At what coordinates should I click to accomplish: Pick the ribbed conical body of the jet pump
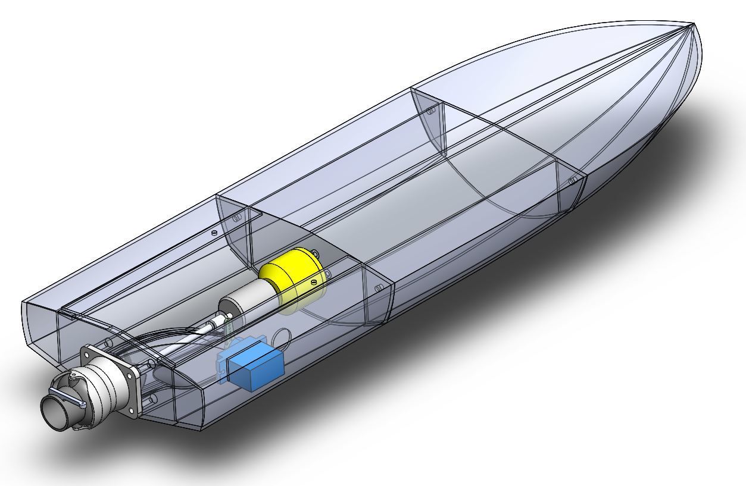(x=104, y=390)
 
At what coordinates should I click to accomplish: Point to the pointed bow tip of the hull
(x=692, y=25)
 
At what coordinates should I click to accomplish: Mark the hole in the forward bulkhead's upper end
(x=432, y=109)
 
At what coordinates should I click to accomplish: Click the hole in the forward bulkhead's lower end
(x=573, y=180)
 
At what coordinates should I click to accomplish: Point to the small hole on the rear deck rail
(x=214, y=233)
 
